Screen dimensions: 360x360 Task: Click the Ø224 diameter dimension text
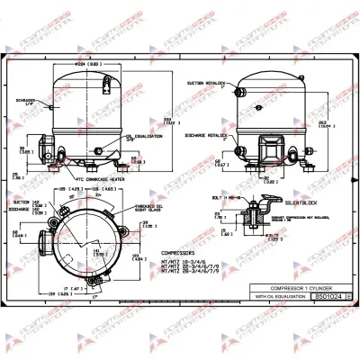click(x=85, y=65)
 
